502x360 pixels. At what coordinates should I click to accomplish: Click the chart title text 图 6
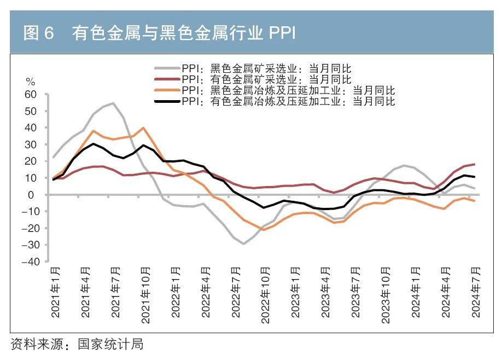tap(38, 33)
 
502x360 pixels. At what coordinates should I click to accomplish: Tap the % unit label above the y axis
tap(30, 82)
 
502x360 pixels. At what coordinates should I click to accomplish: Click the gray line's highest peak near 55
tap(113, 103)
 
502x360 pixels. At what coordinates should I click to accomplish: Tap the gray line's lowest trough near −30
tap(243, 243)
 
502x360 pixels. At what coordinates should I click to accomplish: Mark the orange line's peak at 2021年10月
tap(143, 128)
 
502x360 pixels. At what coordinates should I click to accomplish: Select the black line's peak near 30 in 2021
tap(94, 144)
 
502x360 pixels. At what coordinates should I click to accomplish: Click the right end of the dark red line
tap(474, 164)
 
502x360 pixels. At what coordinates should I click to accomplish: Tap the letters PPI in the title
tap(281, 33)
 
